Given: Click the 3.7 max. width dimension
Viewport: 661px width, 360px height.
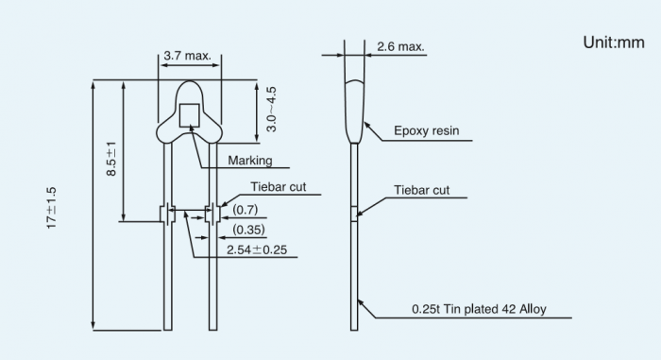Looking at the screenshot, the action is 188,56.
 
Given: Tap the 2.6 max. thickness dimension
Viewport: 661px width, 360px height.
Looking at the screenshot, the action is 400,46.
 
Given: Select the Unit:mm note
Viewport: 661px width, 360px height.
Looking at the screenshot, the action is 614,43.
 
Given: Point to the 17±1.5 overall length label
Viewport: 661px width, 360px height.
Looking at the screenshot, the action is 51,208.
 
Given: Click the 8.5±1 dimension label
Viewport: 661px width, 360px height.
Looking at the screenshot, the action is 111,159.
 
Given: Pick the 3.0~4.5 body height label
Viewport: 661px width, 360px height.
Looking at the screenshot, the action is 272,110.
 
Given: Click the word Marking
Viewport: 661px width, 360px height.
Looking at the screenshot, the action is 250,161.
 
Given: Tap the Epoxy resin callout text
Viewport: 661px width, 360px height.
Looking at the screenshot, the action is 426,130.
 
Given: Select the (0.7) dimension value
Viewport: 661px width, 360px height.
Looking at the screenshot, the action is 245,210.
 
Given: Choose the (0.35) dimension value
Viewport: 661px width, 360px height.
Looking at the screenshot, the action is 248,230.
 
